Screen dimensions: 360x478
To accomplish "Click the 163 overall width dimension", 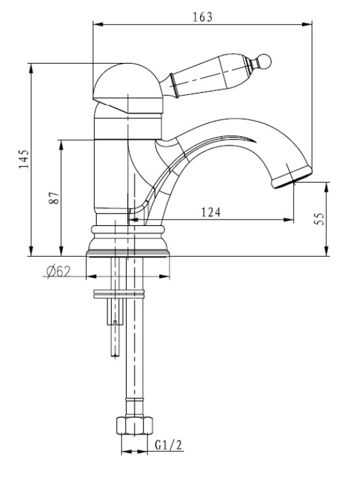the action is coord(202,17).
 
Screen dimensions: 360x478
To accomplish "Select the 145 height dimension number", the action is coord(24,159).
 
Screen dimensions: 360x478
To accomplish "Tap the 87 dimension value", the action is coord(54,198).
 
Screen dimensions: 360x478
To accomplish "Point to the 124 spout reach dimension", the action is coord(211,212).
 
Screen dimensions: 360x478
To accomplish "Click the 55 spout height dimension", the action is coord(319,219).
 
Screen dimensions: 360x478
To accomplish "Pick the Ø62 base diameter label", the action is coord(58,271).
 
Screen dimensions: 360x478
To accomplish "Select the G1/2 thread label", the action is coord(168,446).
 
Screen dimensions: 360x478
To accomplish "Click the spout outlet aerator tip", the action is coord(292,177).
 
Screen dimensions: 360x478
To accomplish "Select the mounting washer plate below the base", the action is coord(118,294).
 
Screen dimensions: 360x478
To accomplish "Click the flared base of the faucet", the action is coord(128,241).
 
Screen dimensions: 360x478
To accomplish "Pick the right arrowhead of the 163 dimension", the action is coord(307,24).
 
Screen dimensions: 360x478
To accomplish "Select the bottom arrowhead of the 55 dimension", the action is coord(327,251).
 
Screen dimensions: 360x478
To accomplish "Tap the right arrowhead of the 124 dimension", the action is coord(289,220).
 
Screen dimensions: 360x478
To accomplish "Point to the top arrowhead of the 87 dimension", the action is coord(61,145).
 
